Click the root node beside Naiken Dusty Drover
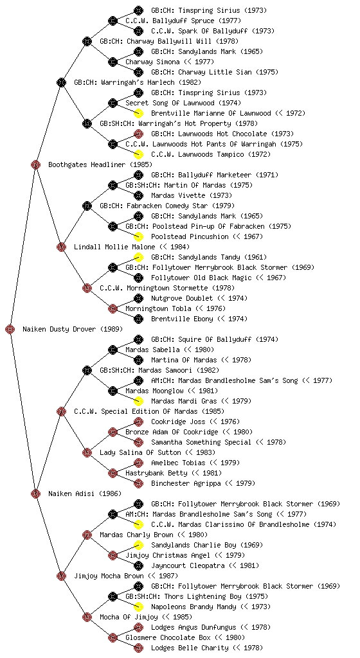click(x=10, y=329)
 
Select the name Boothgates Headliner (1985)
click(x=100, y=164)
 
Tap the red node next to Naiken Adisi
click(x=35, y=493)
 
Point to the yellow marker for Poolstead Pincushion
click(x=138, y=236)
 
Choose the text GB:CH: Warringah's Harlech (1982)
click(x=138, y=82)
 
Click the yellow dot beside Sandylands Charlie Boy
click(x=138, y=545)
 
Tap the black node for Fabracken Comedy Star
click(x=87, y=206)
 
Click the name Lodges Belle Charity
click(x=190, y=648)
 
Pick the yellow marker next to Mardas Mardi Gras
click(x=138, y=401)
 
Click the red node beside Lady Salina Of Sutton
click(x=87, y=452)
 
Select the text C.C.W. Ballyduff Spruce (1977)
click(x=183, y=21)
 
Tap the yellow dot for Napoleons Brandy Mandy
click(x=138, y=607)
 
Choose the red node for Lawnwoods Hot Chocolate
click(x=138, y=134)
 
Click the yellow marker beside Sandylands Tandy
click(x=138, y=257)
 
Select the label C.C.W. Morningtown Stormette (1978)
click(x=167, y=288)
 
